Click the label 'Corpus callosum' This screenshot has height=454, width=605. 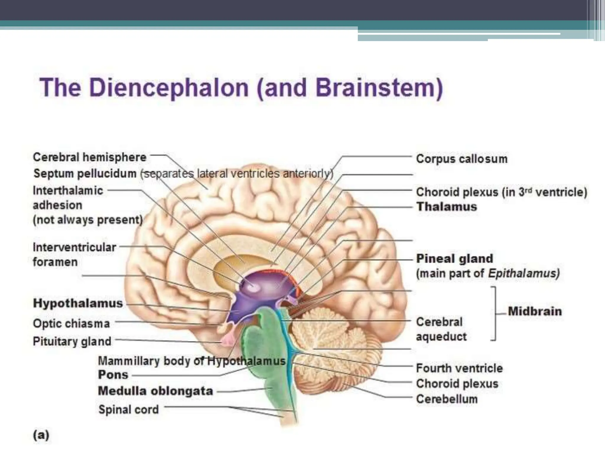coord(461,159)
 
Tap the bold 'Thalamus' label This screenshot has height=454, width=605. coord(447,207)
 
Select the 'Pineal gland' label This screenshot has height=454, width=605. coord(455,259)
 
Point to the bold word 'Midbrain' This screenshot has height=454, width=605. coord(535,311)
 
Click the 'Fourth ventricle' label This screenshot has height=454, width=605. coord(459,368)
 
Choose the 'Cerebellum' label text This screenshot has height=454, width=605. coord(447,399)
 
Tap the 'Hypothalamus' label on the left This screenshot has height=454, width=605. coord(78,303)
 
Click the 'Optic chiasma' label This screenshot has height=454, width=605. coord(71,324)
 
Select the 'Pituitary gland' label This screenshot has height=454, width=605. coord(72,341)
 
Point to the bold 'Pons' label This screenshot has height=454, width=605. coord(113,375)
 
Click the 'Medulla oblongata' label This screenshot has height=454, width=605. coord(155,391)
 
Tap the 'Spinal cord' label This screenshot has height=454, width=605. coord(129,410)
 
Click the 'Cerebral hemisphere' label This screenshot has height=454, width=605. coord(90,157)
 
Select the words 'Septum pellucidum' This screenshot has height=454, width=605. coord(85,174)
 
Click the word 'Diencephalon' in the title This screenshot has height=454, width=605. coord(169,88)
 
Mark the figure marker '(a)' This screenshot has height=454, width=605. coord(41,435)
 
